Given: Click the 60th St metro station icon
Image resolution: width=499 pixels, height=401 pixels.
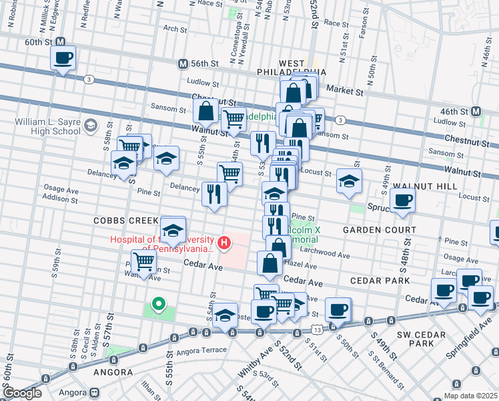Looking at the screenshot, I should tap(60, 41).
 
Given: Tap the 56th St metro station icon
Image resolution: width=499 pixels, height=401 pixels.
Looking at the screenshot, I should tap(183, 63).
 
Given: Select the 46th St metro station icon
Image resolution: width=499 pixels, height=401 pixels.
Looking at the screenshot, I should tap(476, 110).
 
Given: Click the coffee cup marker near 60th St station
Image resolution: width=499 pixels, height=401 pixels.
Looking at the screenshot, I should tap(63, 58).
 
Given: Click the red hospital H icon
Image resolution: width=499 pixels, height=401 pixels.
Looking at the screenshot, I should tap(225, 242).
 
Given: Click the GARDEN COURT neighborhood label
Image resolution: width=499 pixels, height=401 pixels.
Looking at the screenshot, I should tap(379, 229).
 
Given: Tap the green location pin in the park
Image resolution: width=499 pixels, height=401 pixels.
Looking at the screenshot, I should tap(158, 305).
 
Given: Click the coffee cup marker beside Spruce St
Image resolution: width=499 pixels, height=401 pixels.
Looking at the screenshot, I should tap(402, 200).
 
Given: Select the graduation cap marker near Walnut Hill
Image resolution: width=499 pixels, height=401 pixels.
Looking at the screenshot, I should tap(349, 181).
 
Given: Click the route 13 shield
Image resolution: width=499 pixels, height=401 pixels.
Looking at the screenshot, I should tap(316, 330).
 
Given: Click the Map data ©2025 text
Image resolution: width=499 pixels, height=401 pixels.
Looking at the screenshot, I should tap(470, 396).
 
